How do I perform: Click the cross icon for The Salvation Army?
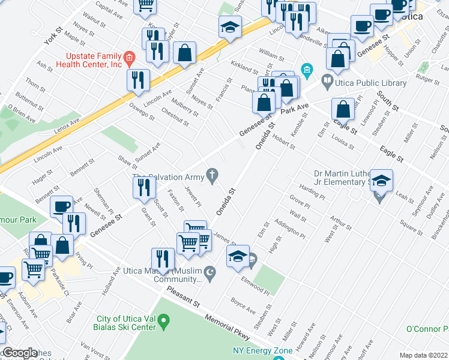[x=211, y=175]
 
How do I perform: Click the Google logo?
[x=20, y=353]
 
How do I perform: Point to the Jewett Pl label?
[x=193, y=196]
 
